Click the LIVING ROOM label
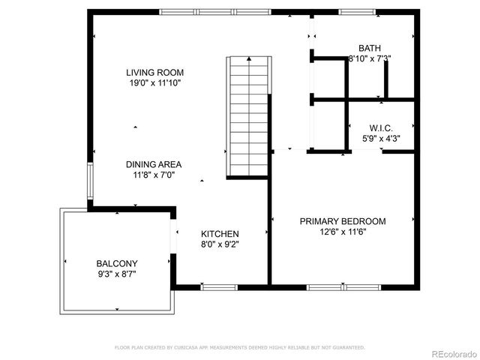(154, 73)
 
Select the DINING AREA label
(153, 164)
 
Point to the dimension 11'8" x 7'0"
(153, 175)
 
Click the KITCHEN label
(220, 234)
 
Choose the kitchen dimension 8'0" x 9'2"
(220, 244)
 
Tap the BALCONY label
(116, 263)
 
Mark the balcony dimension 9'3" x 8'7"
(116, 274)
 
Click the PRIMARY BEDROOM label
(343, 221)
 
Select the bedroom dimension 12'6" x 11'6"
(343, 232)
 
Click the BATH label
(370, 47)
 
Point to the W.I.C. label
(381, 128)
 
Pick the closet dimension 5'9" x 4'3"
(381, 139)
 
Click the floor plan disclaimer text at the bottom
(239, 347)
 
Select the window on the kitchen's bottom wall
(220, 286)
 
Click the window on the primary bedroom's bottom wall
(328, 286)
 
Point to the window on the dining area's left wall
(90, 181)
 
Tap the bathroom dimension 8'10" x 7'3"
(370, 58)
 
